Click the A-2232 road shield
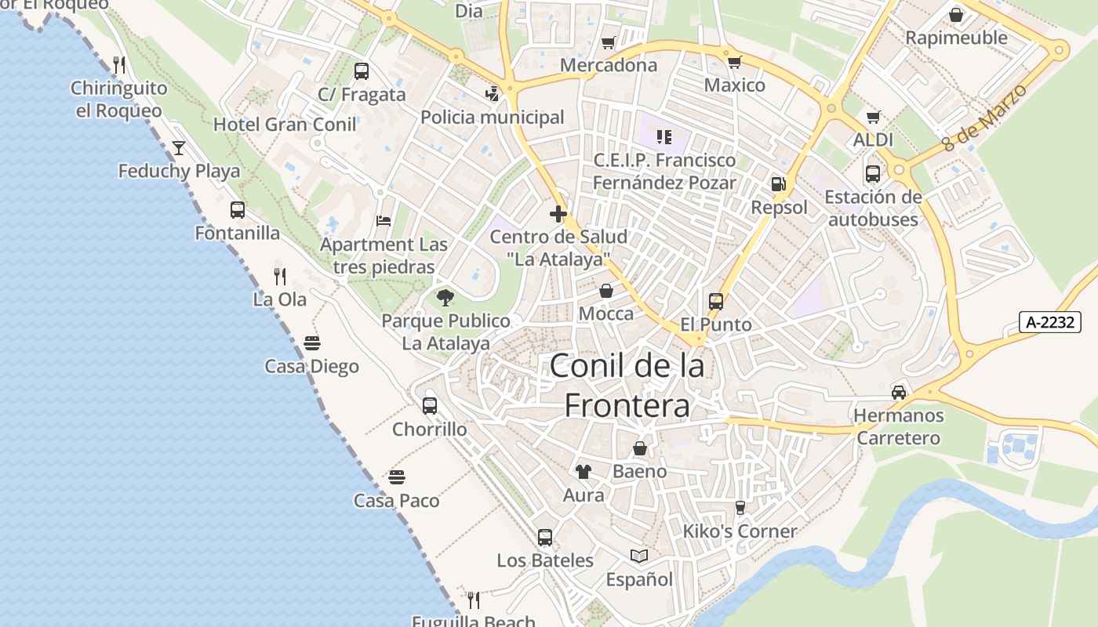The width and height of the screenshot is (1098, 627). click(1050, 322)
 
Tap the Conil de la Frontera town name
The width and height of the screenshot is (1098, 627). click(627, 386)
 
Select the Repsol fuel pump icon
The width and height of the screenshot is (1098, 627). click(778, 184)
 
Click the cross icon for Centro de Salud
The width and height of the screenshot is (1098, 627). click(558, 213)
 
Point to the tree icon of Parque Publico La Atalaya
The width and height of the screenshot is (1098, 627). click(445, 298)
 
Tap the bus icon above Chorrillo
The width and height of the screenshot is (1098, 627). click(429, 406)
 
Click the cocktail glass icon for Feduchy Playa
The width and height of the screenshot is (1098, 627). click(179, 147)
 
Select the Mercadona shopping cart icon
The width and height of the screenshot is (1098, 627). click(608, 42)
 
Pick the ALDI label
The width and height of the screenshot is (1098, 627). click(873, 140)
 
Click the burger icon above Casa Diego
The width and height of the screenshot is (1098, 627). click(312, 343)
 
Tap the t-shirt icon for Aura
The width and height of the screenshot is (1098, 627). click(583, 471)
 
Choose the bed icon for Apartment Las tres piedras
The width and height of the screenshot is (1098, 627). click(384, 221)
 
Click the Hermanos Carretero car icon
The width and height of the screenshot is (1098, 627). click(899, 392)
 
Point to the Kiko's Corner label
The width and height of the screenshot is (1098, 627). click(740, 531)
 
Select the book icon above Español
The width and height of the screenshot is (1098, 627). click(639, 556)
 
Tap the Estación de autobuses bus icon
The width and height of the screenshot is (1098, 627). click(873, 173)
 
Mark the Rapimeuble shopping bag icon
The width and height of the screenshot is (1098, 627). click(955, 15)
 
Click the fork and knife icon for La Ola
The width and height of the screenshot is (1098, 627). click(279, 276)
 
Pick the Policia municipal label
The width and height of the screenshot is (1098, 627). click(493, 118)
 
